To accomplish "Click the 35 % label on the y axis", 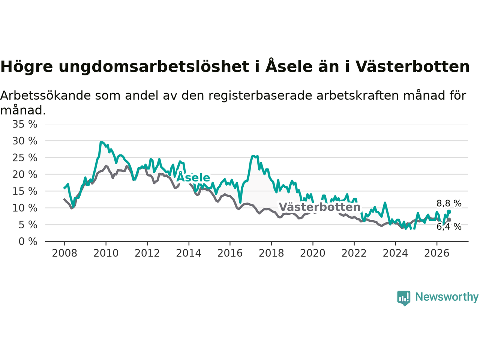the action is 25,124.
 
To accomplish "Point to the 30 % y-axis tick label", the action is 25,141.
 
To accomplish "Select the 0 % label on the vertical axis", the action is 28,241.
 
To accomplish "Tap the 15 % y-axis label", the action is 25,191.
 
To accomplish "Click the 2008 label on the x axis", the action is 64,253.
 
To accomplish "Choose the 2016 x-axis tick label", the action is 230,253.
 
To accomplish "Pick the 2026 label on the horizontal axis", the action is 437,253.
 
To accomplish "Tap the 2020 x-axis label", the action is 313,253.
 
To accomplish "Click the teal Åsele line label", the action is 193,177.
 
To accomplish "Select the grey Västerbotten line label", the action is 319,207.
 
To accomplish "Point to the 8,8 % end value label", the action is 449,203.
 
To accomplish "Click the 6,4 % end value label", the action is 449,226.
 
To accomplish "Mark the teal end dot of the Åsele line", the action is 449,212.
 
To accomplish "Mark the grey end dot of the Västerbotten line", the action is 449,220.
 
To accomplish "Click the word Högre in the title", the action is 27,67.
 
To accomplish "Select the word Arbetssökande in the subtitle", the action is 45,96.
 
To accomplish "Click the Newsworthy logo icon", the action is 403,298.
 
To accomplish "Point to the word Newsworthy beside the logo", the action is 447,297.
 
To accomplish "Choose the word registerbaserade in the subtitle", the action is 260,96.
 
